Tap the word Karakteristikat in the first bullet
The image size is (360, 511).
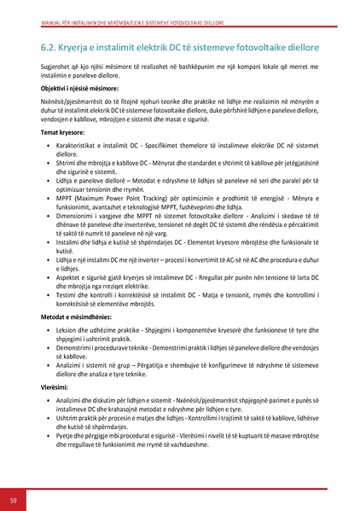click(x=79, y=147)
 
